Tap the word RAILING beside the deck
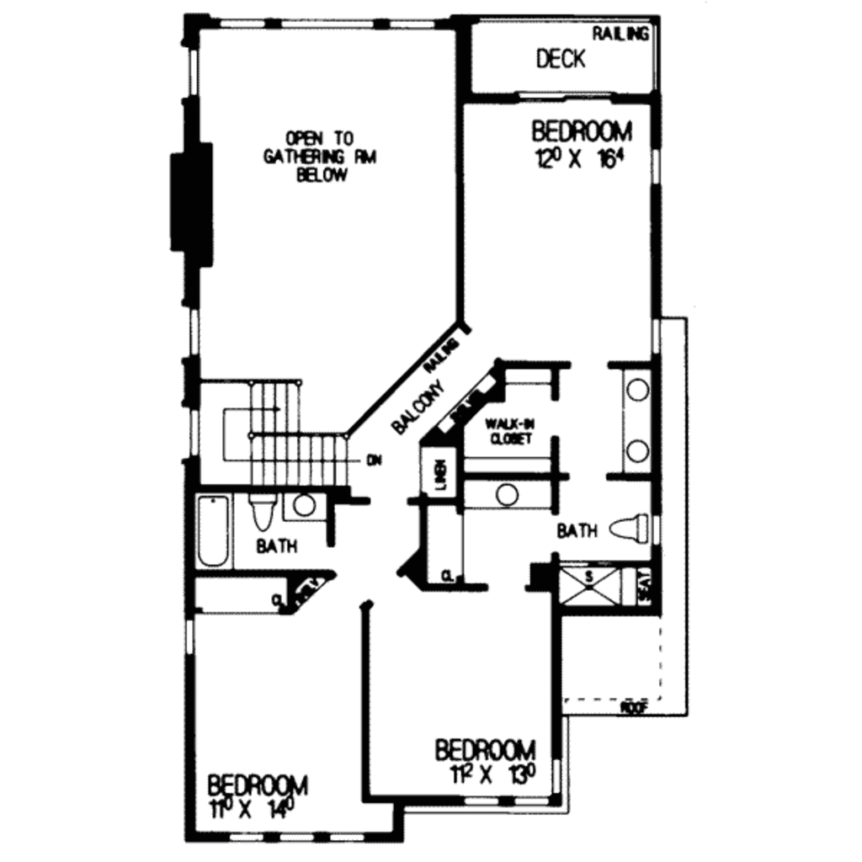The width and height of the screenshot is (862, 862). point(621,35)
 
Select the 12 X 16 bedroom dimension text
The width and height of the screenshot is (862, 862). point(581,159)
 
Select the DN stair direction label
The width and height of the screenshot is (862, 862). point(375,460)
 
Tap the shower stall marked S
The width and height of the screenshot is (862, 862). point(589,586)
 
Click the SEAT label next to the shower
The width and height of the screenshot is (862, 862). point(645,584)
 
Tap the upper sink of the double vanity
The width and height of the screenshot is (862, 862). point(638,391)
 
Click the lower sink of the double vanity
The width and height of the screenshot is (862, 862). point(638,450)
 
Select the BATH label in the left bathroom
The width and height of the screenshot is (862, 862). point(277,546)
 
